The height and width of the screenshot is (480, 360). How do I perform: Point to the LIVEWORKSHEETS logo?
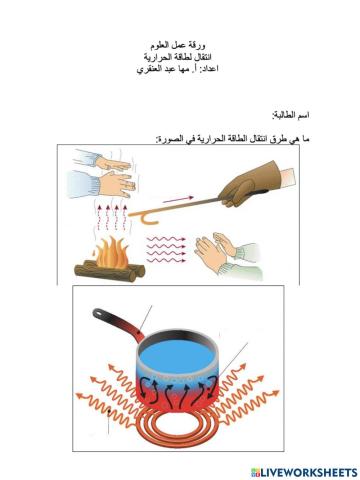pyautogui.click(x=304, y=470)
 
